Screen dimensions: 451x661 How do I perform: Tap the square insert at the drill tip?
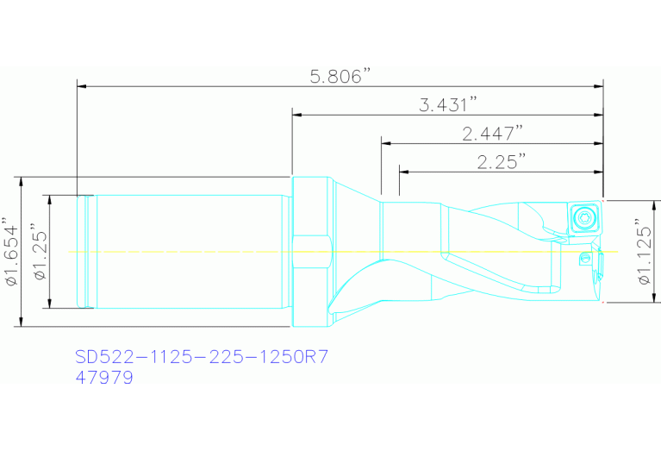583,216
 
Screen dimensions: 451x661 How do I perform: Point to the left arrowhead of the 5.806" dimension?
82,85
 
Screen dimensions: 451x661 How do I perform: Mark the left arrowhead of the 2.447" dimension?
385,142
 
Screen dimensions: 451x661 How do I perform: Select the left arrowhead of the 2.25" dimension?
402,171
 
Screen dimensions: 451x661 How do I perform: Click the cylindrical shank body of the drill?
190,251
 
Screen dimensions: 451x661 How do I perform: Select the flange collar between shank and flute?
311,251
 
